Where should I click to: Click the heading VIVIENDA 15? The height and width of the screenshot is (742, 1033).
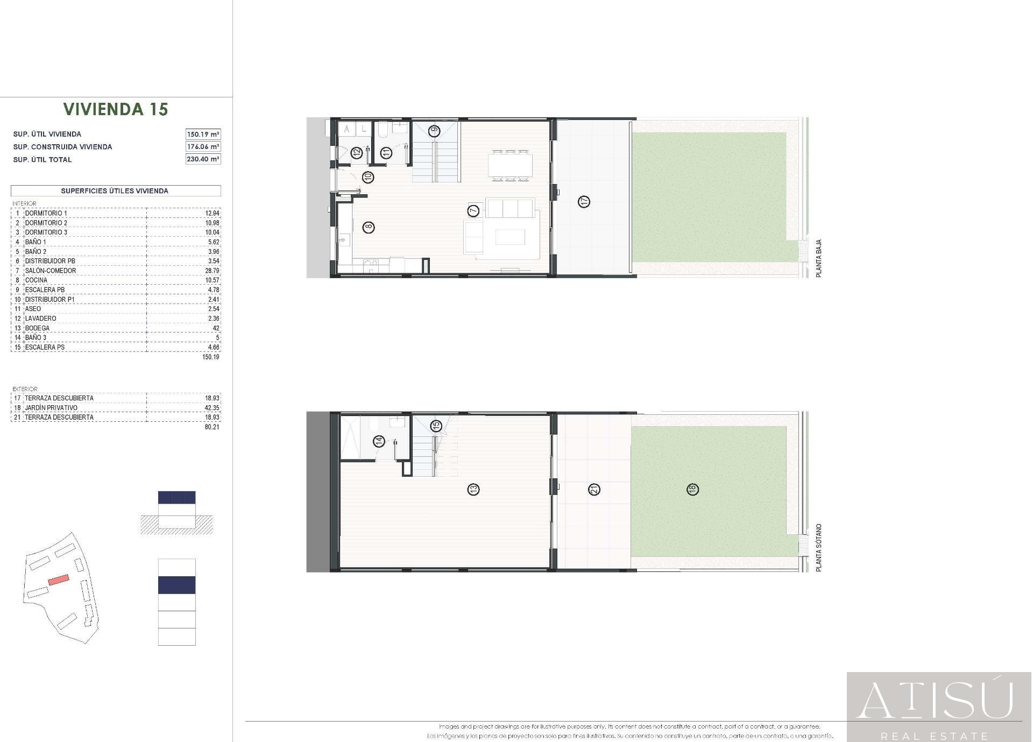116,109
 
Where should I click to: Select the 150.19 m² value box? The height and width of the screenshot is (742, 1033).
203,134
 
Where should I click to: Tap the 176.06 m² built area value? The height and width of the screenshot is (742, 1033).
203,146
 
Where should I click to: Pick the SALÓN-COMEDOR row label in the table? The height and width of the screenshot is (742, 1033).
51,271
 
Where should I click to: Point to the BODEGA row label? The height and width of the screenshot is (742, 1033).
37,328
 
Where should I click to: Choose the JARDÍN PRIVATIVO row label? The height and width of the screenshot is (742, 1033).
51,408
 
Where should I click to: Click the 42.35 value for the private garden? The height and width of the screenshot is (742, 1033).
212,408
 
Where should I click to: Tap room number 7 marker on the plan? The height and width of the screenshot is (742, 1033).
473,210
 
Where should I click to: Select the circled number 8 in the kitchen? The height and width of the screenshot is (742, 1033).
369,227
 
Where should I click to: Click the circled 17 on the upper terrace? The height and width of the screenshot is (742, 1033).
584,202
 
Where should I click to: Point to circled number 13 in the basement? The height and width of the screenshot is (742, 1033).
473,490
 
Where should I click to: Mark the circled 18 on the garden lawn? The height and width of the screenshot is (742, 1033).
692,489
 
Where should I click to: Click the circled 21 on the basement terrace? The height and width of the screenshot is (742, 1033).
595,490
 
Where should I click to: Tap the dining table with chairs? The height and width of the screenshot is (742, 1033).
511,165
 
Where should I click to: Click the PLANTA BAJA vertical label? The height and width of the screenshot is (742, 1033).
819,258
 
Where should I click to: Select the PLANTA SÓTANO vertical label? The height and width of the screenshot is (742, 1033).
819,547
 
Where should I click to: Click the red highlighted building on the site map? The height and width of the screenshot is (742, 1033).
59,580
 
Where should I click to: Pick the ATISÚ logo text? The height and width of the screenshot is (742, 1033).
935,701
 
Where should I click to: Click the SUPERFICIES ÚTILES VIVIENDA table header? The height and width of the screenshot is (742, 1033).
115,191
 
